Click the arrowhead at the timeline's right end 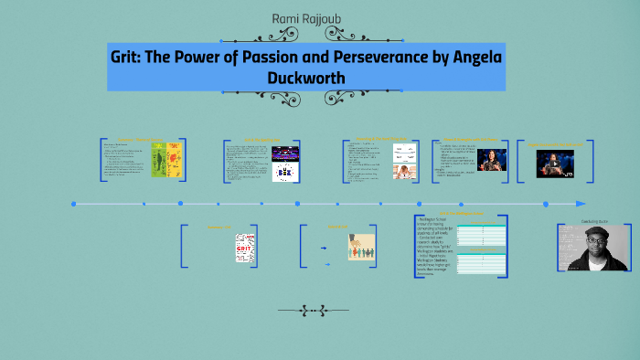(581, 204)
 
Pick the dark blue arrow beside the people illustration (323, 248)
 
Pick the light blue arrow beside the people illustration (327, 264)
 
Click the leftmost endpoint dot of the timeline (74, 204)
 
